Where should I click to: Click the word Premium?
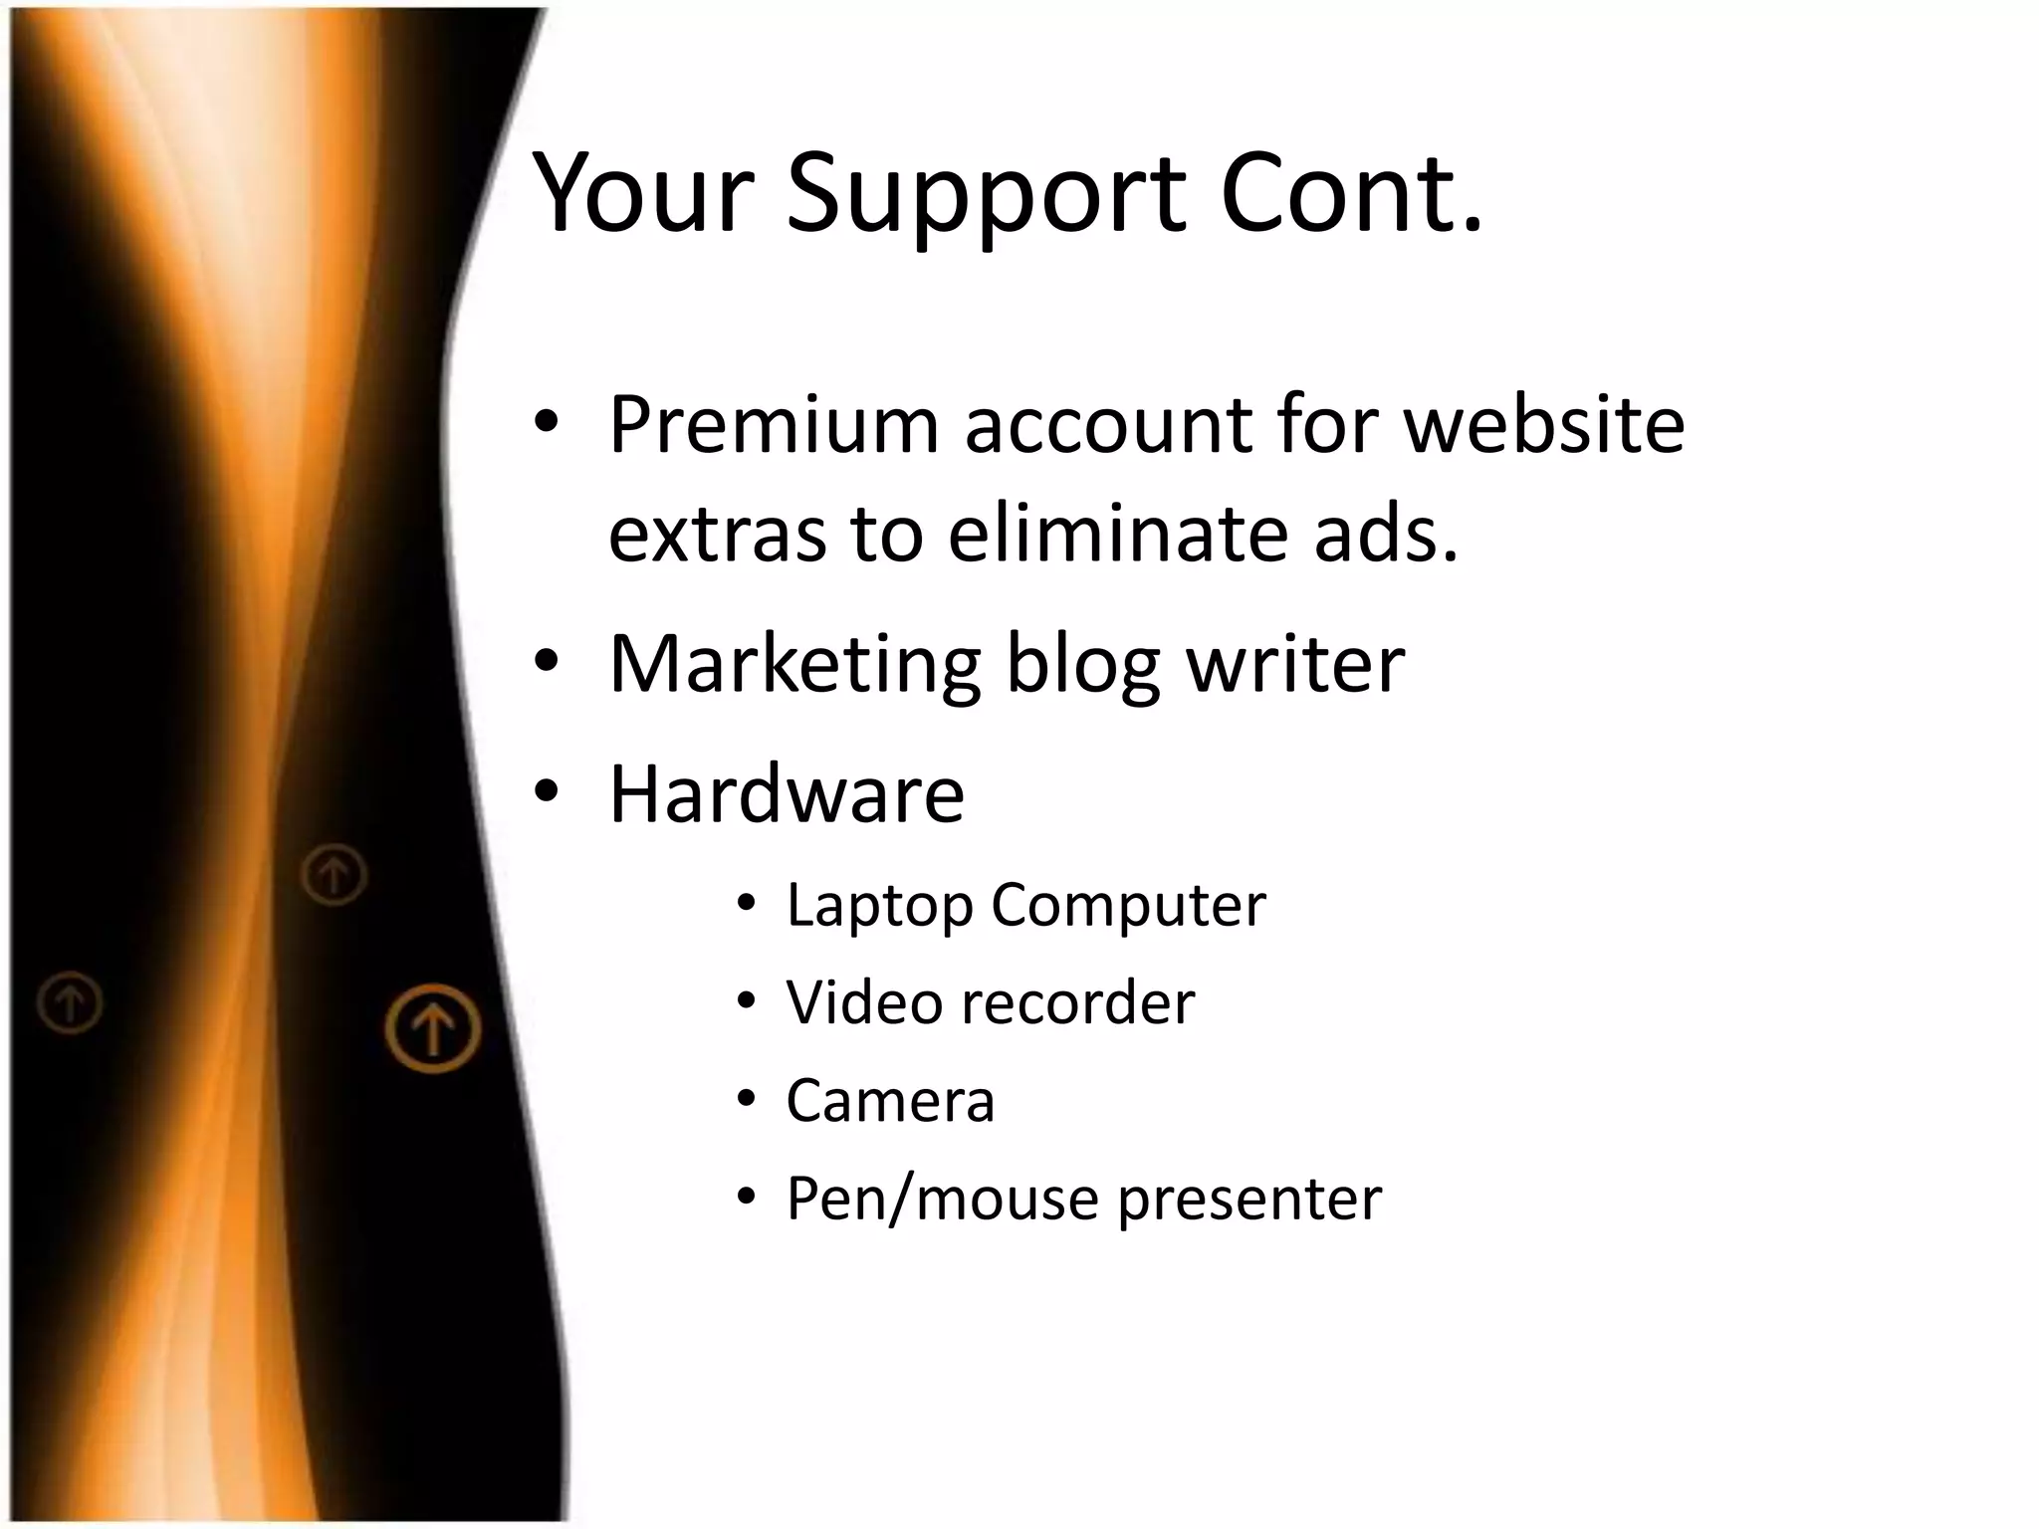tap(774, 425)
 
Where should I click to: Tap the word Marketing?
tap(794, 665)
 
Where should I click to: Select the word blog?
tap(1083, 665)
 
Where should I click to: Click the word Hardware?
tap(787, 794)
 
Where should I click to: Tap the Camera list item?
tap(890, 1101)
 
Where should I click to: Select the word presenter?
tap(1249, 1199)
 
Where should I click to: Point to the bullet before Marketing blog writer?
tap(547, 661)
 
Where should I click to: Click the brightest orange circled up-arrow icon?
tap(433, 1028)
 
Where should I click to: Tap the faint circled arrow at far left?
tap(70, 1001)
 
